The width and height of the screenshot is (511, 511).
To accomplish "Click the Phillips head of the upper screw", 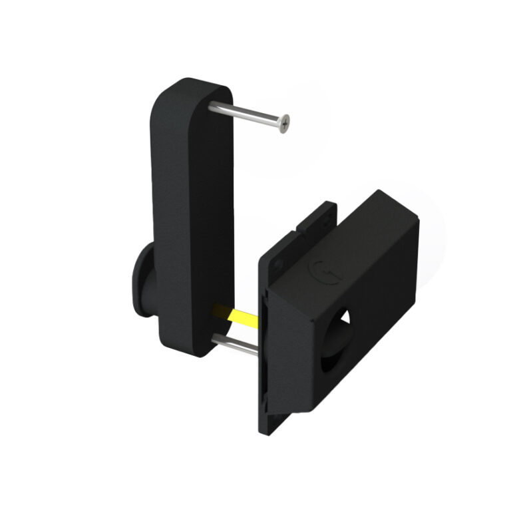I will click(x=285, y=123).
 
